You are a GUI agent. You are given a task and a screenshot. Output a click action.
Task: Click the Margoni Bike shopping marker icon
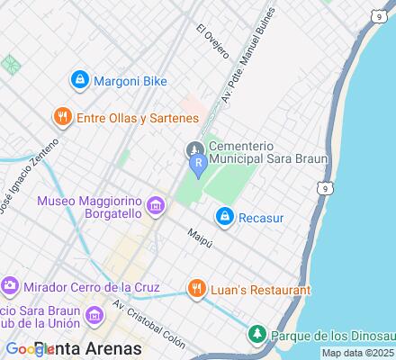(x=79, y=80)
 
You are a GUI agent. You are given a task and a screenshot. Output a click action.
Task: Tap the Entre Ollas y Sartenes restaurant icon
(x=62, y=117)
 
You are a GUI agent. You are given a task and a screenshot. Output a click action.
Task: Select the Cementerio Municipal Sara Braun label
(x=266, y=152)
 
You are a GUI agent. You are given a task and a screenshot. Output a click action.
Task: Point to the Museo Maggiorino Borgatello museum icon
(x=156, y=208)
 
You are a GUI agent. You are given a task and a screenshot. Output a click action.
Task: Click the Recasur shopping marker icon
(x=225, y=216)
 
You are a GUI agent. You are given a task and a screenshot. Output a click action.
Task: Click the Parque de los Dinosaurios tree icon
(x=257, y=336)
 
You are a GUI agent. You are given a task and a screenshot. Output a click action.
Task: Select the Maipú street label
(x=198, y=236)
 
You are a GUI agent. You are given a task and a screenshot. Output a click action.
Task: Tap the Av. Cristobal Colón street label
(x=148, y=322)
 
